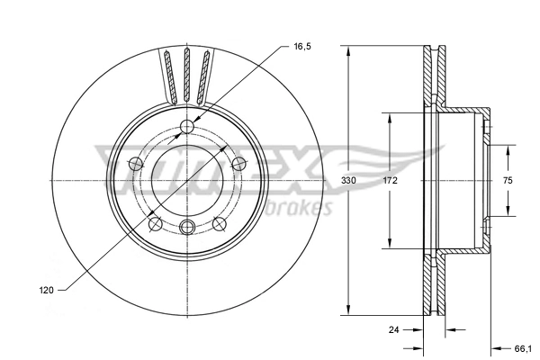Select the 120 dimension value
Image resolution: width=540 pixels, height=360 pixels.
point(47,291)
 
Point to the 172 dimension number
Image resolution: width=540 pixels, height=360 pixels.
point(390,181)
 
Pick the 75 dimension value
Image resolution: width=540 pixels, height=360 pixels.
point(508,181)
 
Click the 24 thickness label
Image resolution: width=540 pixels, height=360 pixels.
point(393,329)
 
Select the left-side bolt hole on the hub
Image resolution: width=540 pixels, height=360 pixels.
point(136,163)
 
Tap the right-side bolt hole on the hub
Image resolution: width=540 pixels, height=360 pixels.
point(238,163)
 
